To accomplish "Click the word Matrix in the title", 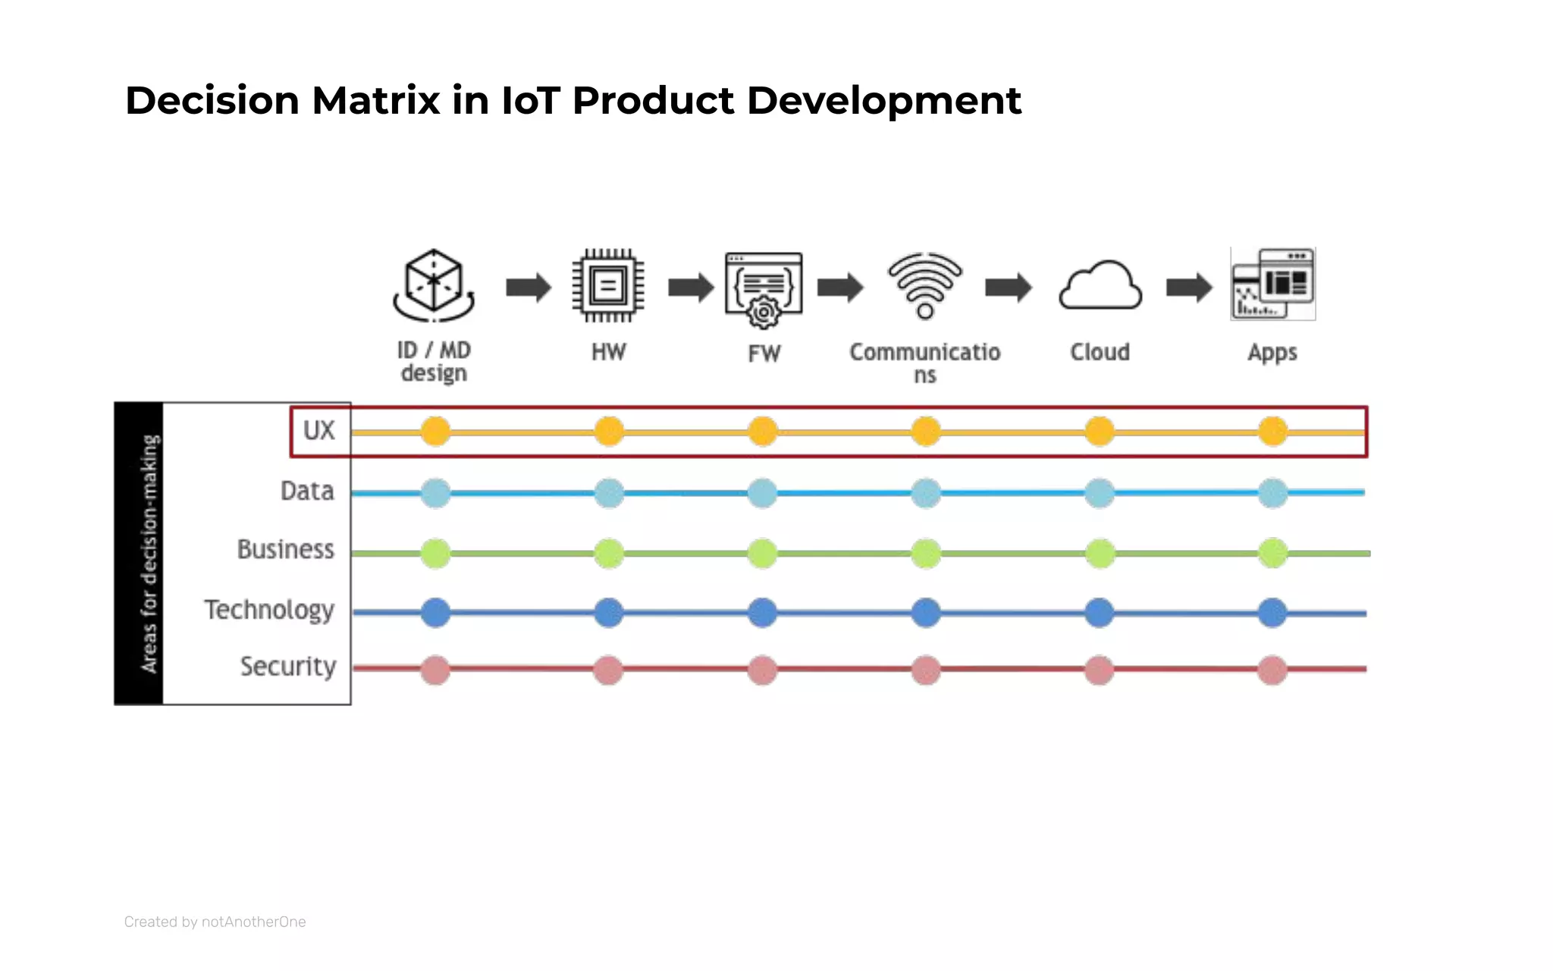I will (375, 101).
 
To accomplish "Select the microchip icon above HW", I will (608, 286).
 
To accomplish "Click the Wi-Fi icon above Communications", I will (925, 285).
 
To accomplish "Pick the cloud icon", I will (1100, 287).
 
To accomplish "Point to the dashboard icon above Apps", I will (1272, 284).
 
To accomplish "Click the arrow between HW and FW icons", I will (690, 288).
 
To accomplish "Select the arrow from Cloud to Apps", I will (1188, 288).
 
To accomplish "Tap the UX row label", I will (318, 430).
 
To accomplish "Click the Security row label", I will (288, 666).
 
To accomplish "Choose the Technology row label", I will (269, 610).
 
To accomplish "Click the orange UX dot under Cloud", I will (1100, 432).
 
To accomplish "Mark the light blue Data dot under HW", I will (609, 493).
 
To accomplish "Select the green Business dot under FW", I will (762, 554).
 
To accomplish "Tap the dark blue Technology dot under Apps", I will (1272, 613).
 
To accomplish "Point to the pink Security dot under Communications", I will (926, 671).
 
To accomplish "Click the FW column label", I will (764, 354).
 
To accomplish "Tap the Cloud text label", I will (1100, 352).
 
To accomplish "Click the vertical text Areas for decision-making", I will (149, 554).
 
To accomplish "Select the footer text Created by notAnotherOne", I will (215, 922).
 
